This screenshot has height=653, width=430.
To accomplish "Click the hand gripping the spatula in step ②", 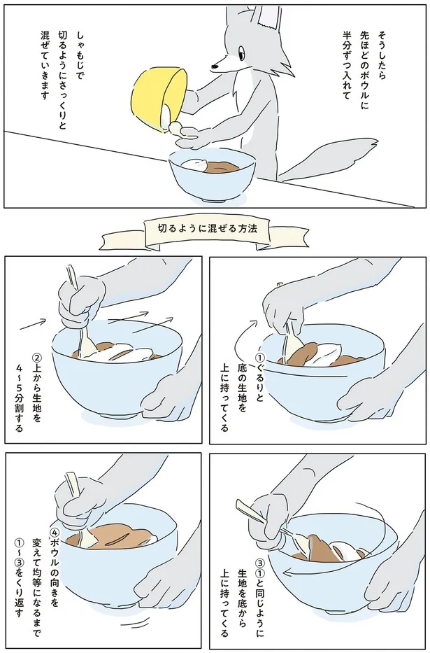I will click(x=83, y=301).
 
